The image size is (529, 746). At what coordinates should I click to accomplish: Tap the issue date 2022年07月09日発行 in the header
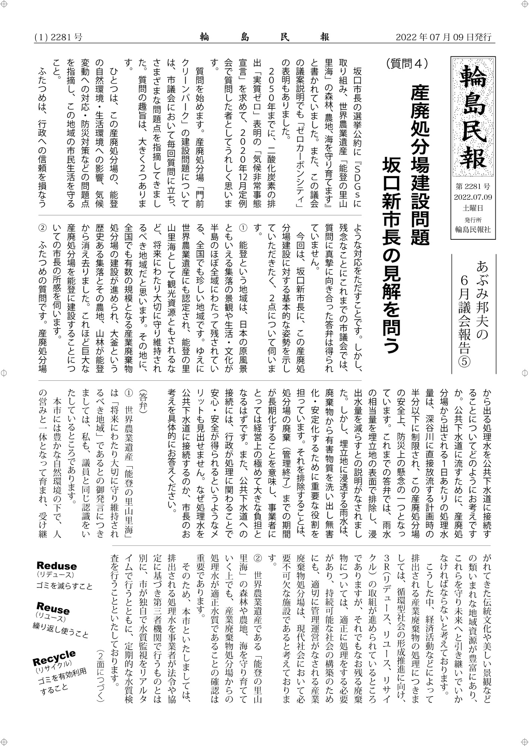443,37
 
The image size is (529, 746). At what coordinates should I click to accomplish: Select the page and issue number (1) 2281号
59,37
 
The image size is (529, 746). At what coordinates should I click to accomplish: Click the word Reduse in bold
57,566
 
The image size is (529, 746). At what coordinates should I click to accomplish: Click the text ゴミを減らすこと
64,586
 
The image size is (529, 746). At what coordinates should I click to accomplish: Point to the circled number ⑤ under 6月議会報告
466,361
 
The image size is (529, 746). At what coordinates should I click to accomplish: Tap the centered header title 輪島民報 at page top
265,37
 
